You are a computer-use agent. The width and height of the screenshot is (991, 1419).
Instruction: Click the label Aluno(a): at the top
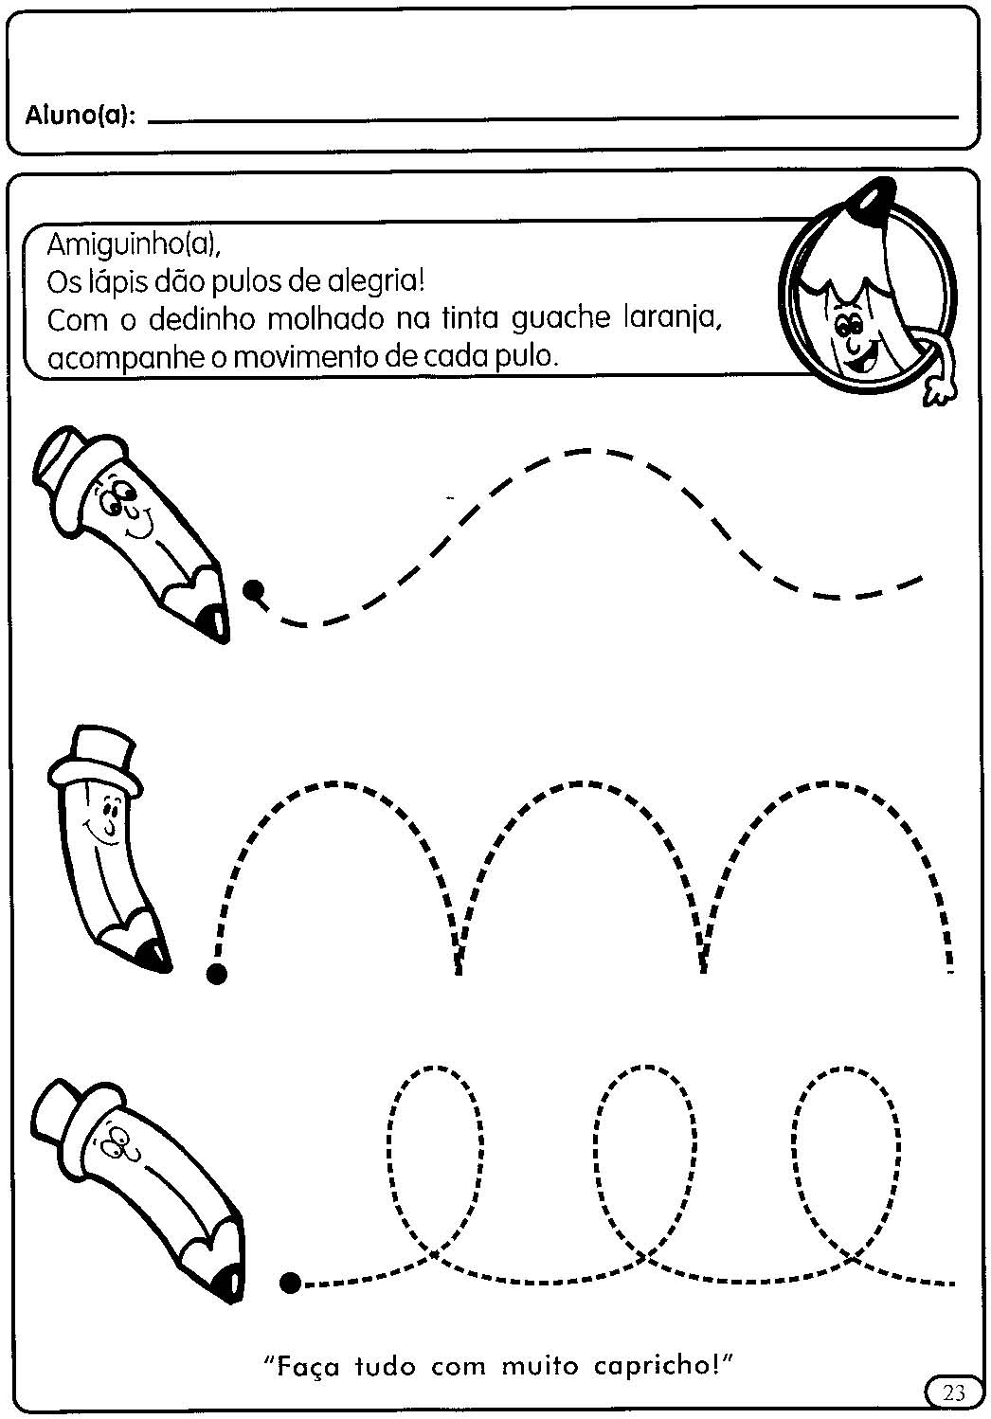tap(81, 117)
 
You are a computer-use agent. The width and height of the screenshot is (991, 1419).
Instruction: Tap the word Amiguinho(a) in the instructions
tap(134, 243)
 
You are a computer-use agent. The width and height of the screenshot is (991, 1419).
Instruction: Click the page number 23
tap(954, 1392)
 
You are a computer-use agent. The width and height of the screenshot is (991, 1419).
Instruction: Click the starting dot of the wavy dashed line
tap(254, 589)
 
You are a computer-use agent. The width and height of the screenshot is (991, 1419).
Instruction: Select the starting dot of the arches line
tap(217, 974)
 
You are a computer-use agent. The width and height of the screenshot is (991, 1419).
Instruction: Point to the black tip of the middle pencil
tap(157, 956)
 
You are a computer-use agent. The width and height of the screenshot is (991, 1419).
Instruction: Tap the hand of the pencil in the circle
tap(940, 391)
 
